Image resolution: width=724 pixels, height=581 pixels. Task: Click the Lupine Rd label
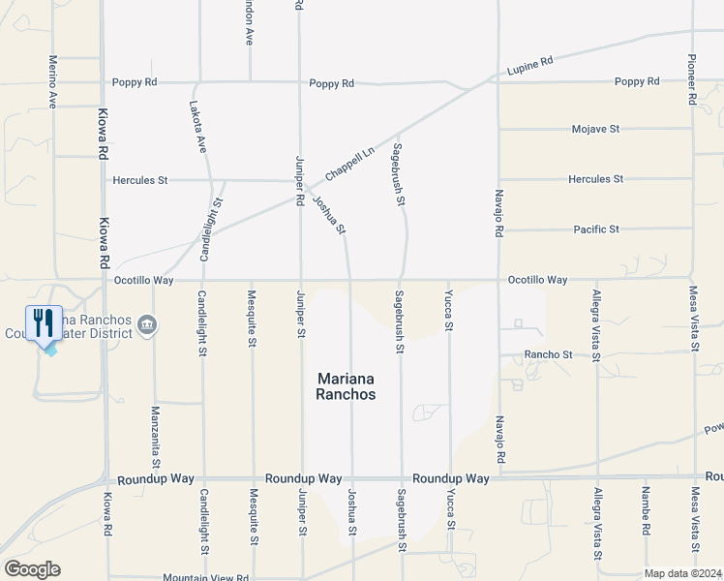[529, 66]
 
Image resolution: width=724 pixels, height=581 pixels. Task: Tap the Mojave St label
[595, 129]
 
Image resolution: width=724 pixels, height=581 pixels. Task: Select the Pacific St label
[595, 229]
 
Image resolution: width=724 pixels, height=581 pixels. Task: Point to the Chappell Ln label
[349, 163]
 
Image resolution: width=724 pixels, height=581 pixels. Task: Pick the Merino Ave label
[52, 81]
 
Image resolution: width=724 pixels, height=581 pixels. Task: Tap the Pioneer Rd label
[692, 78]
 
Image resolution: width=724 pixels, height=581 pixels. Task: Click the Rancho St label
[549, 354]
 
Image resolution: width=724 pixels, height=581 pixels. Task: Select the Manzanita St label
[155, 432]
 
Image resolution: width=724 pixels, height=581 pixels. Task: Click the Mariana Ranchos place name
[346, 386]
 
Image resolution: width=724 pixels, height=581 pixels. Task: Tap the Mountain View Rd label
[205, 578]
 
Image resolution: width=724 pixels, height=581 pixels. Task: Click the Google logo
[32, 569]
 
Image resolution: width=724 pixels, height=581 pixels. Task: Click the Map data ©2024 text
[682, 573]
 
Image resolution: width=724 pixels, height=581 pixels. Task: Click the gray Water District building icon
[146, 323]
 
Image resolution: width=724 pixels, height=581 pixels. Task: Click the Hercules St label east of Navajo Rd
[595, 179]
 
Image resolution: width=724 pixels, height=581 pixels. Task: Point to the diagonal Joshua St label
[329, 215]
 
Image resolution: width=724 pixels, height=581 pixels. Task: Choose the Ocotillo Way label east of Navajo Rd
[537, 280]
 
